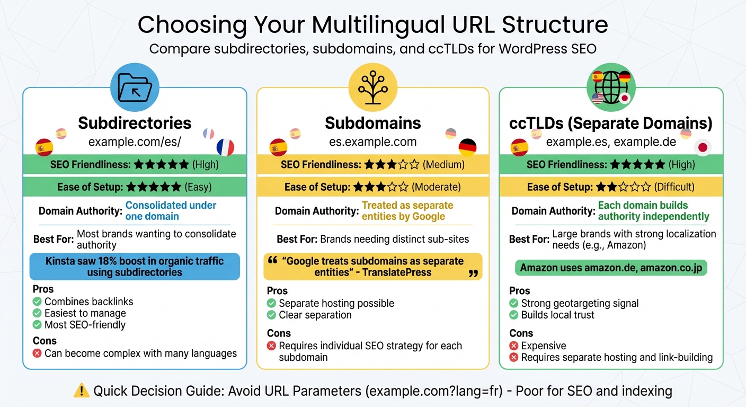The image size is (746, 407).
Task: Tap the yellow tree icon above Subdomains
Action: pos(372,87)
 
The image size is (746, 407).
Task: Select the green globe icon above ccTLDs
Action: pos(611,87)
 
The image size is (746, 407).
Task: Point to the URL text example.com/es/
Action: pos(135,142)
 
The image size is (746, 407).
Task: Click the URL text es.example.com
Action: pos(372,142)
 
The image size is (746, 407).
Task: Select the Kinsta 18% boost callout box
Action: pos(135,267)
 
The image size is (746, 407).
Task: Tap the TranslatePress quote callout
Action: pos(372,267)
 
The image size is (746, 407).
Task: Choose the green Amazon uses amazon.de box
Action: pos(611,268)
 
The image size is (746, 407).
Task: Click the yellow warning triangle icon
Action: pos(82,391)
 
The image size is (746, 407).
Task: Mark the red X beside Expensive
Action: pos(513,346)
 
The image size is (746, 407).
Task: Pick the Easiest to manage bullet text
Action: pos(85,313)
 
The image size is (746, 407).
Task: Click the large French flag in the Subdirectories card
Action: pos(225,147)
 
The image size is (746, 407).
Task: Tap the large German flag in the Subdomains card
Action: pos(467,147)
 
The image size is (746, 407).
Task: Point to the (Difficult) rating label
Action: pos(674,187)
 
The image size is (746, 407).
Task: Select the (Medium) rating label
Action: pos(443,165)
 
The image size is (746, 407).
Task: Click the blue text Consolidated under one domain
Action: pos(171,210)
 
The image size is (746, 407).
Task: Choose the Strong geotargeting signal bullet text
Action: pos(580,303)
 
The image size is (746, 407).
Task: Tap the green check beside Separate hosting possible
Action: pos(271,303)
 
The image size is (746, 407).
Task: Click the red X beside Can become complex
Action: pos(37,353)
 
